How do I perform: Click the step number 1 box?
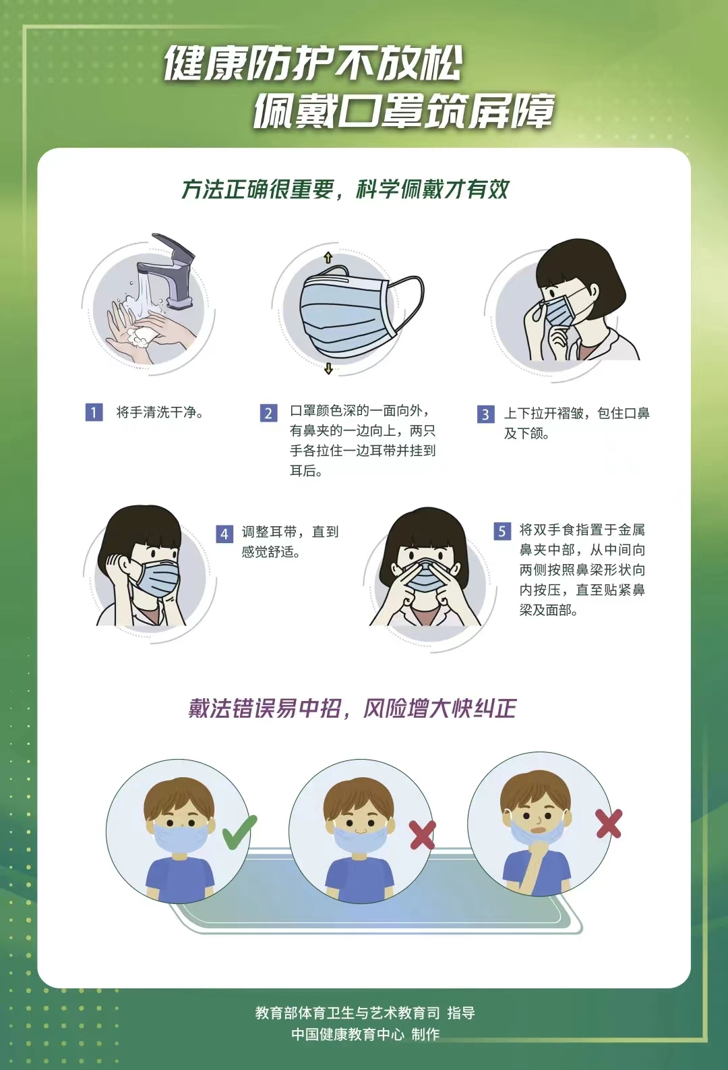click(94, 412)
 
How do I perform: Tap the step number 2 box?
click(268, 413)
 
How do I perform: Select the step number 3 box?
click(485, 414)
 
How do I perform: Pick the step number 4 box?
click(224, 534)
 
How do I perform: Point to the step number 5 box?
click(502, 531)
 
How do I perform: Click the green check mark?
click(239, 832)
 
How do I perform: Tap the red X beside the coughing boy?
click(609, 824)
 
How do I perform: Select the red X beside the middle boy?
click(422, 835)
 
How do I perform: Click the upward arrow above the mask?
click(328, 258)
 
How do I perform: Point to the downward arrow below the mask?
click(328, 368)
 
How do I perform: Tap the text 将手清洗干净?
click(160, 412)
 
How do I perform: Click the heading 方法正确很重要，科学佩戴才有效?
click(344, 190)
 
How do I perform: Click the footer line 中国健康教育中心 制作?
click(365, 1034)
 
